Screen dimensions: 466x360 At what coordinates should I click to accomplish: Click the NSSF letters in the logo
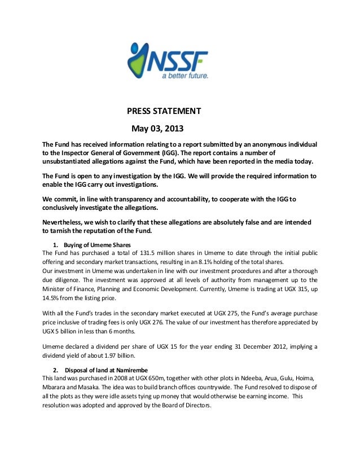[x=179, y=59]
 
